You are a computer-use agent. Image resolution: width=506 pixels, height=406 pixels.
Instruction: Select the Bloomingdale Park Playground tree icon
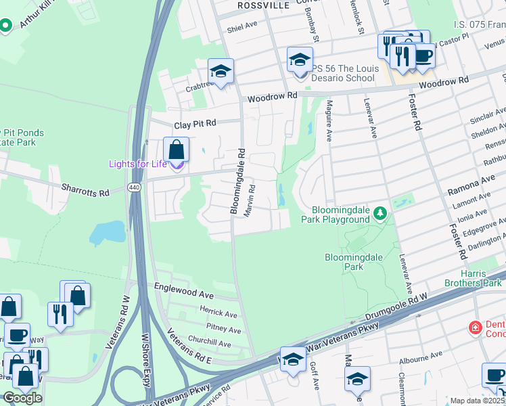coord(381,215)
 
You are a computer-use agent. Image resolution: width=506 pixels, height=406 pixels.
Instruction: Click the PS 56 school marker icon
coord(300,60)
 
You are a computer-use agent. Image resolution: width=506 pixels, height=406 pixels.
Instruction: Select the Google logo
coord(22,398)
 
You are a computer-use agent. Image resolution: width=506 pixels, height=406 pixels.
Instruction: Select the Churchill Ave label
coord(210,344)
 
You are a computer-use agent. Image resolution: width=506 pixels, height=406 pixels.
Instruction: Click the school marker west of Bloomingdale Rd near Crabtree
coord(221,71)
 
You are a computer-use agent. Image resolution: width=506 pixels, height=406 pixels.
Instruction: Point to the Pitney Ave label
coord(224,330)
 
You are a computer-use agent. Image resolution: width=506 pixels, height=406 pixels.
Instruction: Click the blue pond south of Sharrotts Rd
coord(107,232)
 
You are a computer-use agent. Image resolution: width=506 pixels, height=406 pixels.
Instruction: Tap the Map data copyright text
coord(478,401)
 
